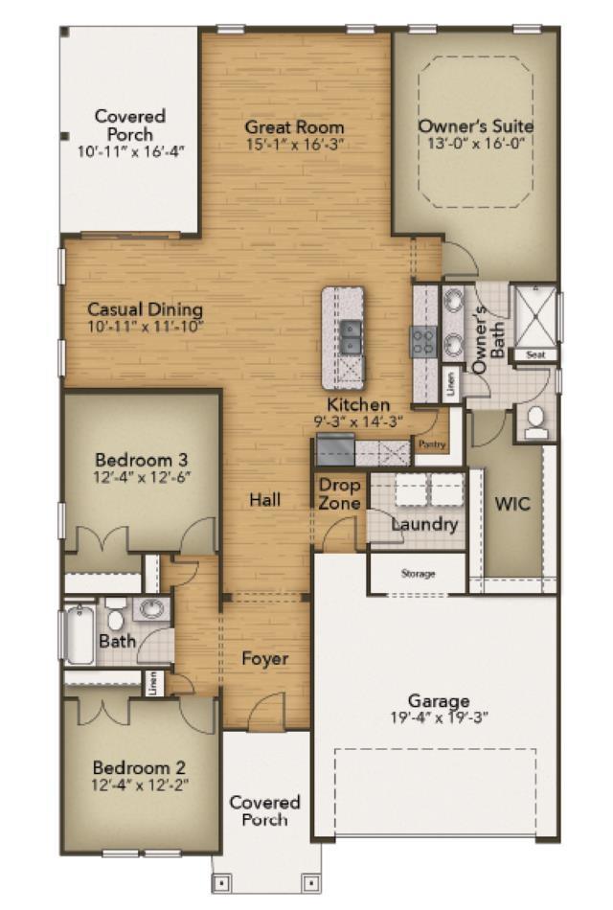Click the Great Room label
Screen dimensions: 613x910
(x=294, y=126)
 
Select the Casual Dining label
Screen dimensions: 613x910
(x=146, y=308)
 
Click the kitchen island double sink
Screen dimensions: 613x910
(x=350, y=337)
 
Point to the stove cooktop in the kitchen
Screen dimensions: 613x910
(x=423, y=341)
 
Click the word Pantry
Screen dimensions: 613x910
(x=432, y=444)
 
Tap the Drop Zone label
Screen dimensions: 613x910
(x=340, y=493)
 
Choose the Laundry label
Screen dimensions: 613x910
(x=424, y=525)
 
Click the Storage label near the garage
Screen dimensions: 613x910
(x=418, y=574)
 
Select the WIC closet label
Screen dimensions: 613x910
(x=512, y=503)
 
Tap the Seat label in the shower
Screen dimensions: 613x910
(x=535, y=354)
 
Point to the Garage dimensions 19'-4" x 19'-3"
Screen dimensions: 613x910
(x=439, y=717)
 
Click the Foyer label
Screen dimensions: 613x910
(x=264, y=659)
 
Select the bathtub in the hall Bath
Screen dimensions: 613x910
(x=79, y=634)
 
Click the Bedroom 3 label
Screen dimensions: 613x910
(x=141, y=460)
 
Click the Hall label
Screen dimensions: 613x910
(x=264, y=500)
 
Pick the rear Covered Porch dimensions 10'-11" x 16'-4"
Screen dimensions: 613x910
(x=130, y=152)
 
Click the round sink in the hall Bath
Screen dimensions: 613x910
(x=152, y=610)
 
